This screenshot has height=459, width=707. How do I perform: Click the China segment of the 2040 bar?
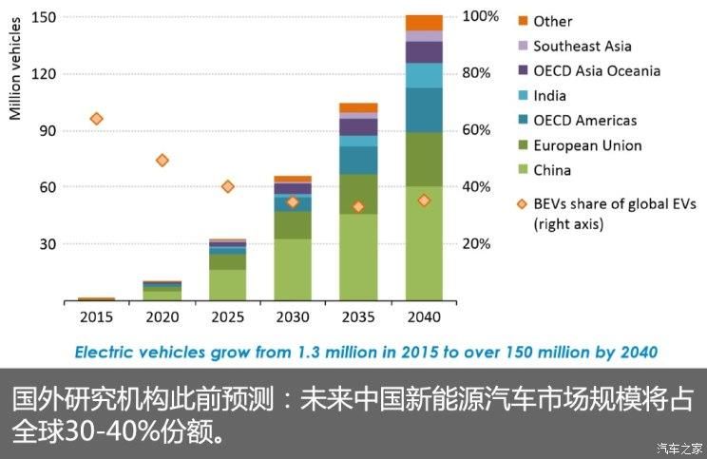[x=424, y=242]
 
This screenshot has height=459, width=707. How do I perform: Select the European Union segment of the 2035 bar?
[x=358, y=194]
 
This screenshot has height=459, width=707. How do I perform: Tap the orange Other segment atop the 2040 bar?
[x=424, y=23]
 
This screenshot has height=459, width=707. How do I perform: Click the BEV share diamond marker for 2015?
[x=96, y=119]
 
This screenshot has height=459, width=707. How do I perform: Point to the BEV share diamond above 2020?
[x=162, y=160]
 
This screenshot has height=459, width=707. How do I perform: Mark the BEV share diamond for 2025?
[x=227, y=186]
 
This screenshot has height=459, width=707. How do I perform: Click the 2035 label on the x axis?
[x=358, y=316]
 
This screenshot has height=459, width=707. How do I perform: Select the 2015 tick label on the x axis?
[x=96, y=316]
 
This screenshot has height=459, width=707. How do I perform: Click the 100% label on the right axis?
[x=480, y=17]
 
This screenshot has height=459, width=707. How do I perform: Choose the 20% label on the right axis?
[x=476, y=244]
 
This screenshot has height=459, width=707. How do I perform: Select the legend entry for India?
[x=549, y=95]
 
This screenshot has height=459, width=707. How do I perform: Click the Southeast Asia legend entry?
[x=582, y=46]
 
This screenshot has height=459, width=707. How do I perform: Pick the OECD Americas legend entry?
[x=584, y=121]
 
